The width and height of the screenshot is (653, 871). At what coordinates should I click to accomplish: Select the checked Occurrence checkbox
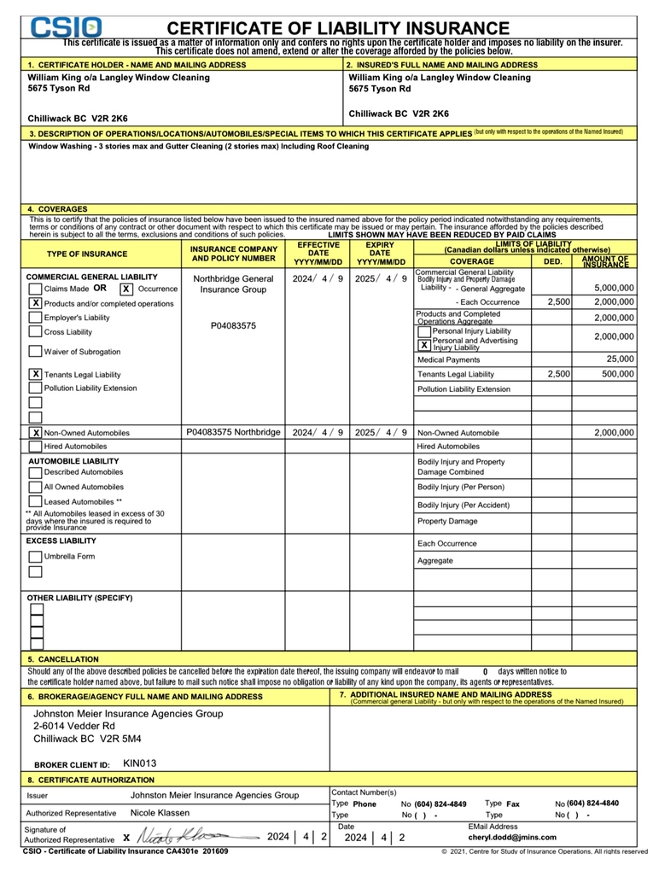(125, 289)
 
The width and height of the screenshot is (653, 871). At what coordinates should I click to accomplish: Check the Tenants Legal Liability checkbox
(36, 374)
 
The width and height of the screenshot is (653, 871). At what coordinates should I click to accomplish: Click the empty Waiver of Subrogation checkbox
(35, 351)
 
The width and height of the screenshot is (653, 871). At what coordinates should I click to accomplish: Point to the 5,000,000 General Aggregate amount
(614, 289)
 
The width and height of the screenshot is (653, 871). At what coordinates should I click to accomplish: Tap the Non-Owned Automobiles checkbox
(36, 433)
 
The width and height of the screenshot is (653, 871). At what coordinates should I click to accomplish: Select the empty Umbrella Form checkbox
(35, 557)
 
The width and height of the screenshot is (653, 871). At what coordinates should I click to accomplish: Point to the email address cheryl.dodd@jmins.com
(512, 838)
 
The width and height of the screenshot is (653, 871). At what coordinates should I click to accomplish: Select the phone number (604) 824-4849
(440, 804)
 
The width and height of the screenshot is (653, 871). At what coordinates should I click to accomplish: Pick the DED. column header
(553, 261)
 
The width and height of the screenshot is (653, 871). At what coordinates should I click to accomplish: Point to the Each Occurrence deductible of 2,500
(558, 302)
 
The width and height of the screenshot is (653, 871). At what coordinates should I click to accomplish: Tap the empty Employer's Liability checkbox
(35, 318)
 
